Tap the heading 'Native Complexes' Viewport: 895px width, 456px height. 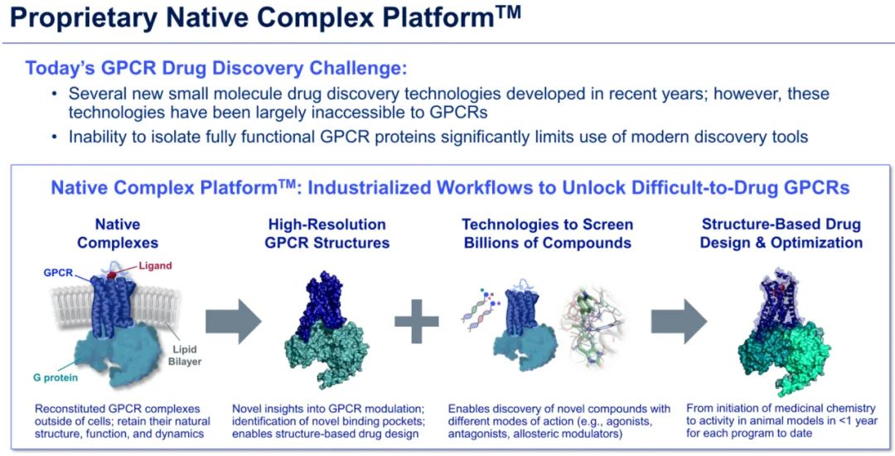pyautogui.click(x=119, y=234)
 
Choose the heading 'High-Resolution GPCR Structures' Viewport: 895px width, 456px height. pyautogui.click(x=327, y=234)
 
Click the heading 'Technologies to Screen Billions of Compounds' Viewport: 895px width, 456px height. pyautogui.click(x=547, y=234)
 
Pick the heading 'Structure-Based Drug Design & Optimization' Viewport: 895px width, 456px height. pyautogui.click(x=781, y=234)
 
